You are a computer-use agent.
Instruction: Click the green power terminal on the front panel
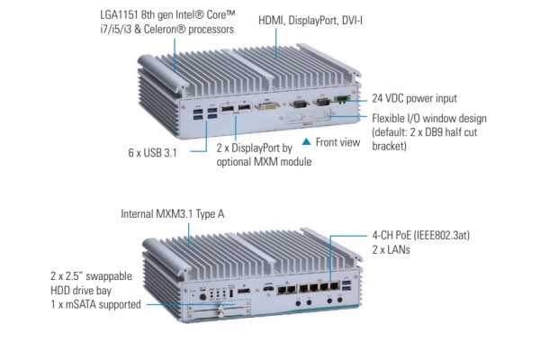point(341,98)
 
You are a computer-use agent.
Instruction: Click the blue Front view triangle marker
point(306,142)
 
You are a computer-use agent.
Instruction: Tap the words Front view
point(337,142)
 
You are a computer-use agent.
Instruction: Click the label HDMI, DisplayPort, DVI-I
point(308,19)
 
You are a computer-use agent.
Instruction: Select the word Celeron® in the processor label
point(191,30)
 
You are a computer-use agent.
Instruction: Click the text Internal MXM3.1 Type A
point(176,214)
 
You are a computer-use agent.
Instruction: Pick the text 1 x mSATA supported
point(94,305)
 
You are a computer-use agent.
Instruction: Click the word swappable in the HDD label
point(101,277)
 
